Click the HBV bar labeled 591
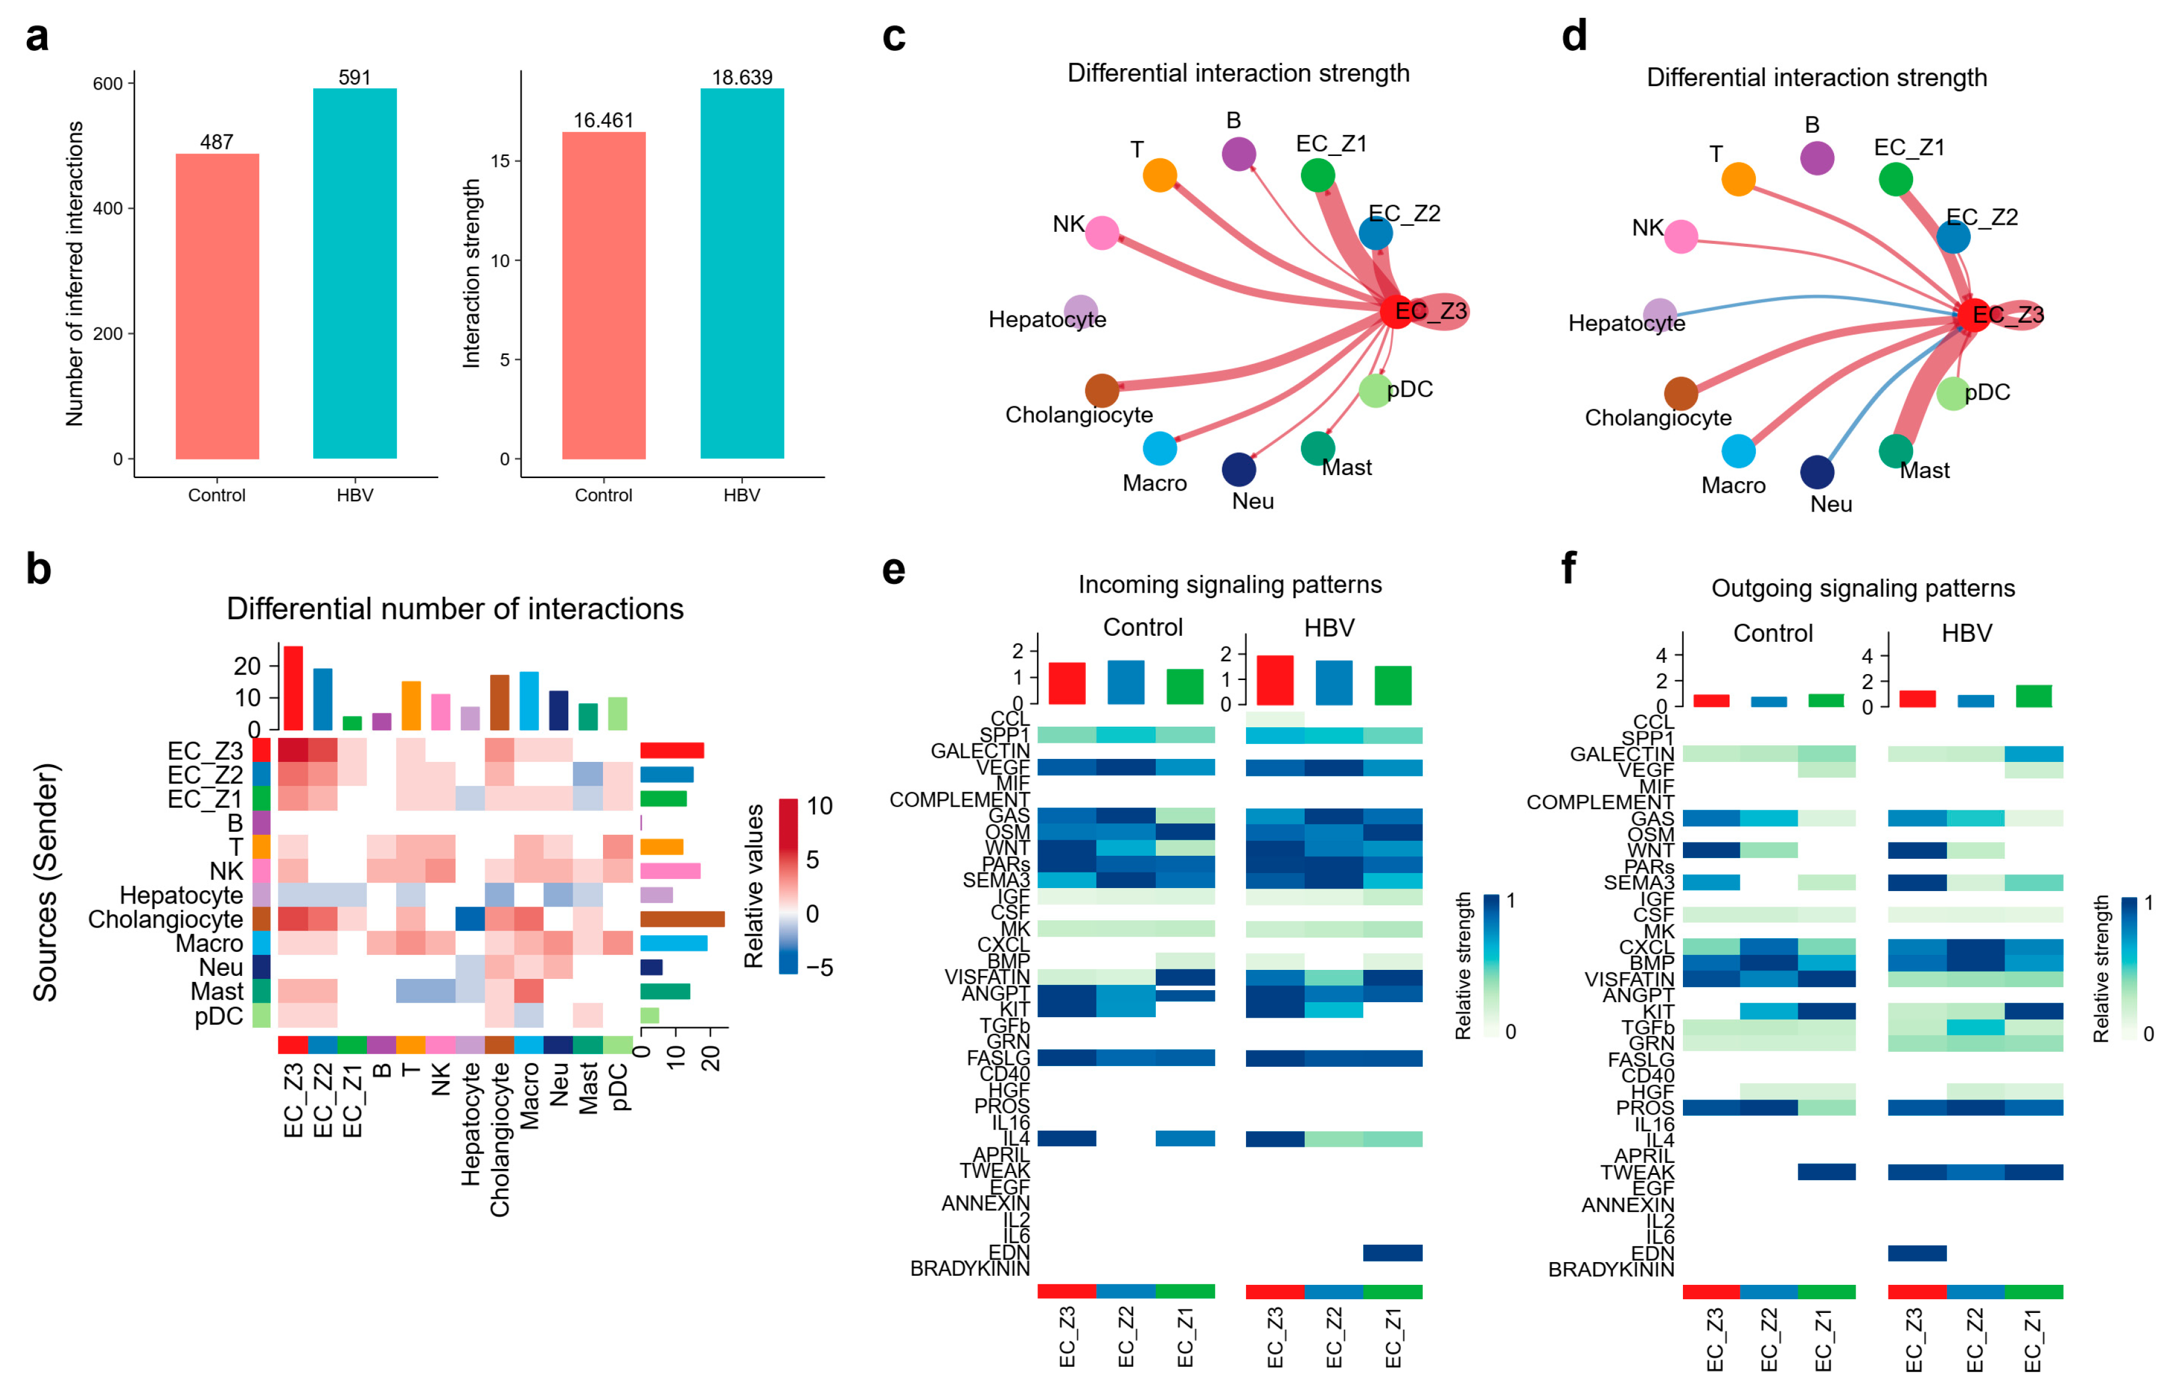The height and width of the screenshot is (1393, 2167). (354, 271)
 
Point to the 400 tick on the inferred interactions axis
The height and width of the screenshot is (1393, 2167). (108, 208)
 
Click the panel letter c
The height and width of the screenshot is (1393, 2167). (893, 36)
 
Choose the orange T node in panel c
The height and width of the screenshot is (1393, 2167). (1159, 174)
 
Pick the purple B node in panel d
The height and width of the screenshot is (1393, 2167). (1816, 158)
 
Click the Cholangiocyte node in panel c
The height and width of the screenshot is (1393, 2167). (1101, 391)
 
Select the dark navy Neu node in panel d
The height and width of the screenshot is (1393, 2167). (1816, 472)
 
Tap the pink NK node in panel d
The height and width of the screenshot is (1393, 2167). (1681, 237)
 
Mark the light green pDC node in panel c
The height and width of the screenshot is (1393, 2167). (1375, 391)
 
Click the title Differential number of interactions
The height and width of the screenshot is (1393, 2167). (455, 609)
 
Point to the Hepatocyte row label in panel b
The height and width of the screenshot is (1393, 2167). (181, 895)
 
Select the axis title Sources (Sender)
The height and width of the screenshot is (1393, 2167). (45, 882)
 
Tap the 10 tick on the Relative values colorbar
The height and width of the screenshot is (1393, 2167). (819, 806)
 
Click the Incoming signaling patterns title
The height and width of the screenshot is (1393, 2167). (1229, 584)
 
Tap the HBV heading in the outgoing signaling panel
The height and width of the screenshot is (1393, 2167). (1966, 633)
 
